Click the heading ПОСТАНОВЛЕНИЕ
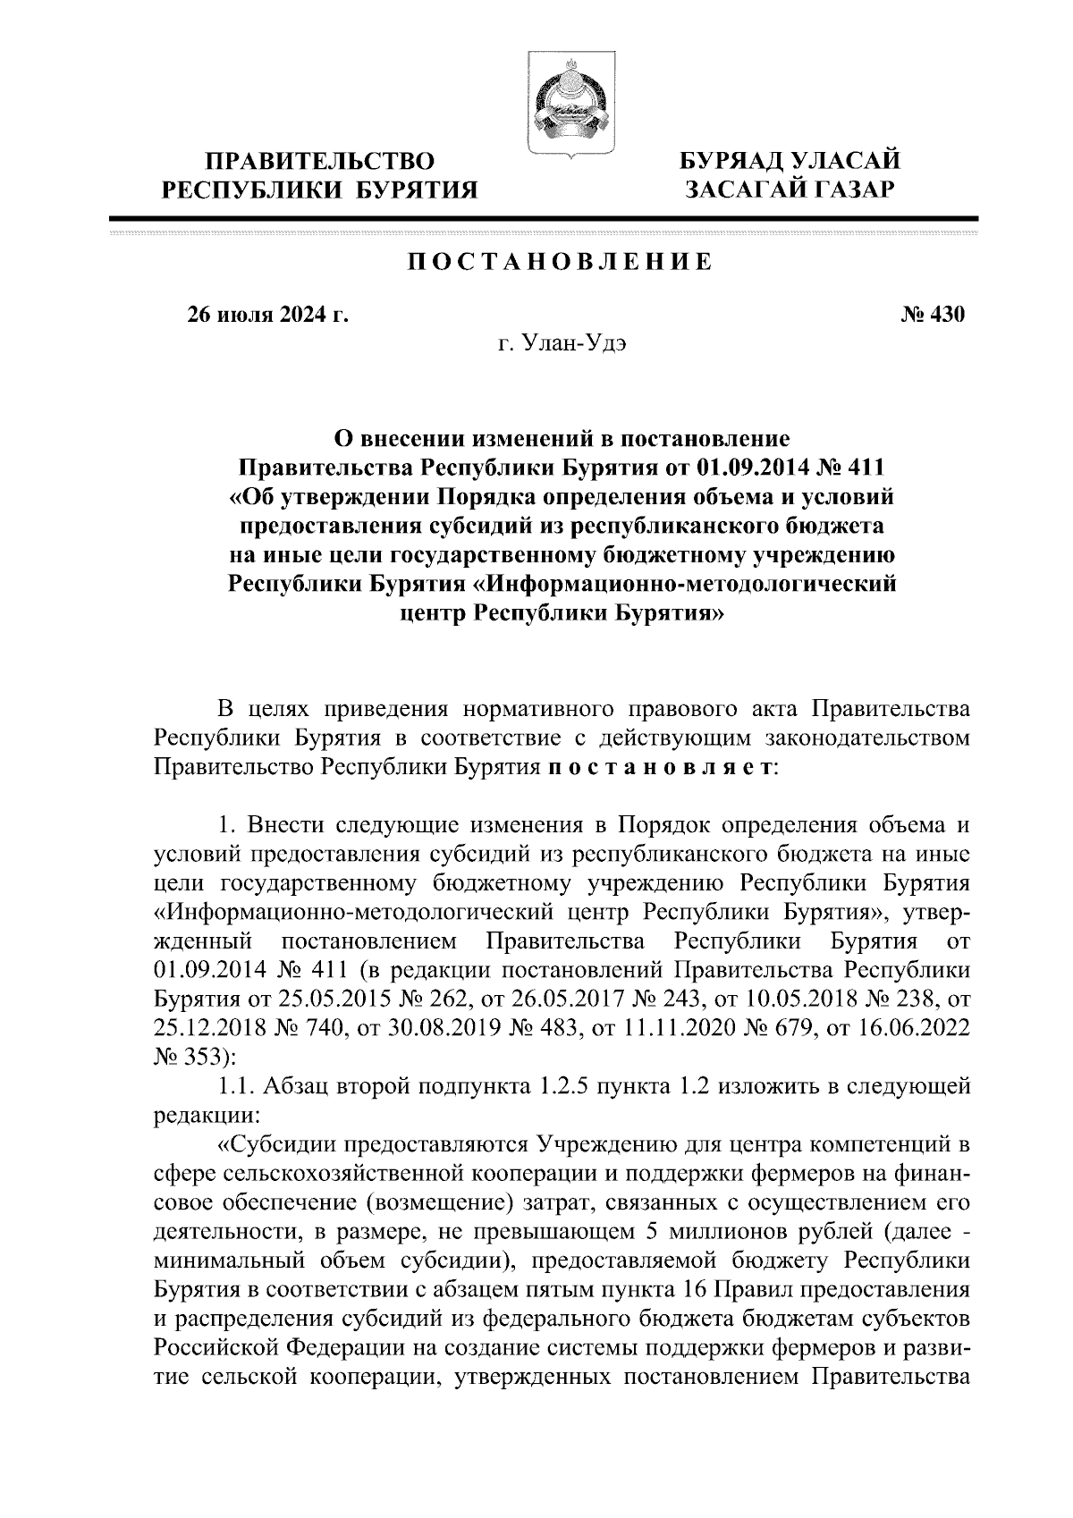(560, 262)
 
